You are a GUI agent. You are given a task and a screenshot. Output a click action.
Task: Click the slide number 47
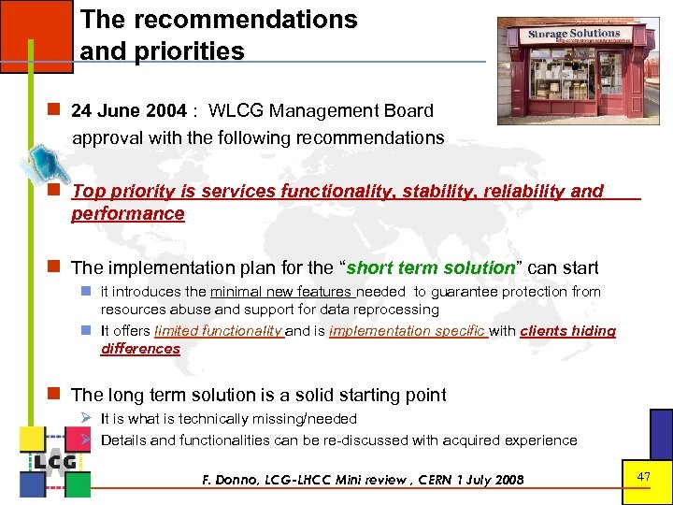pyautogui.click(x=643, y=477)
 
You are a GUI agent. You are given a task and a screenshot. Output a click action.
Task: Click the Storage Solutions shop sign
pyautogui.click(x=573, y=35)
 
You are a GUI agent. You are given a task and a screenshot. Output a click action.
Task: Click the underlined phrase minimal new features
pyautogui.click(x=281, y=292)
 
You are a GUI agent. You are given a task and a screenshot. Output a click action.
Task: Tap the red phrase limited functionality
pyautogui.click(x=218, y=330)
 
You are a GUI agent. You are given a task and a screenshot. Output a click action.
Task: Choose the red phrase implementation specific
pyautogui.click(x=407, y=330)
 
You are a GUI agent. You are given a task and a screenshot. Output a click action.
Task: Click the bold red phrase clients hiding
pyautogui.click(x=567, y=330)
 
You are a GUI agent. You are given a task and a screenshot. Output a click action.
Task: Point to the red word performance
pyautogui.click(x=127, y=214)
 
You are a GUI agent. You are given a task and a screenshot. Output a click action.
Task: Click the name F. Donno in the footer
pyautogui.click(x=231, y=480)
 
